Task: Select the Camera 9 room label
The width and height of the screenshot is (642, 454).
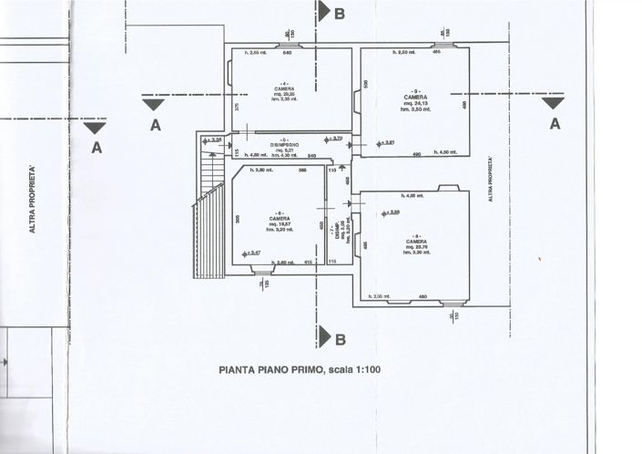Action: [416, 97]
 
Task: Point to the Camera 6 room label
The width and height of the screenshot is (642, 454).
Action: [279, 219]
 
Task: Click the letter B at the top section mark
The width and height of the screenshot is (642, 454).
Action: [340, 13]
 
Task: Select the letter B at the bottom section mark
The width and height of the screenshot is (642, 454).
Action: [340, 340]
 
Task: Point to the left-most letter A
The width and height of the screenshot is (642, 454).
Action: [97, 145]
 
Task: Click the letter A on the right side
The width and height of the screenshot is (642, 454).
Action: [554, 124]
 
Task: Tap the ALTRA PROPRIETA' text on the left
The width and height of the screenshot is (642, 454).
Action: [32, 201]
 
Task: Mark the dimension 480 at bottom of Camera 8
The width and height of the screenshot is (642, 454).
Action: [423, 297]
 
